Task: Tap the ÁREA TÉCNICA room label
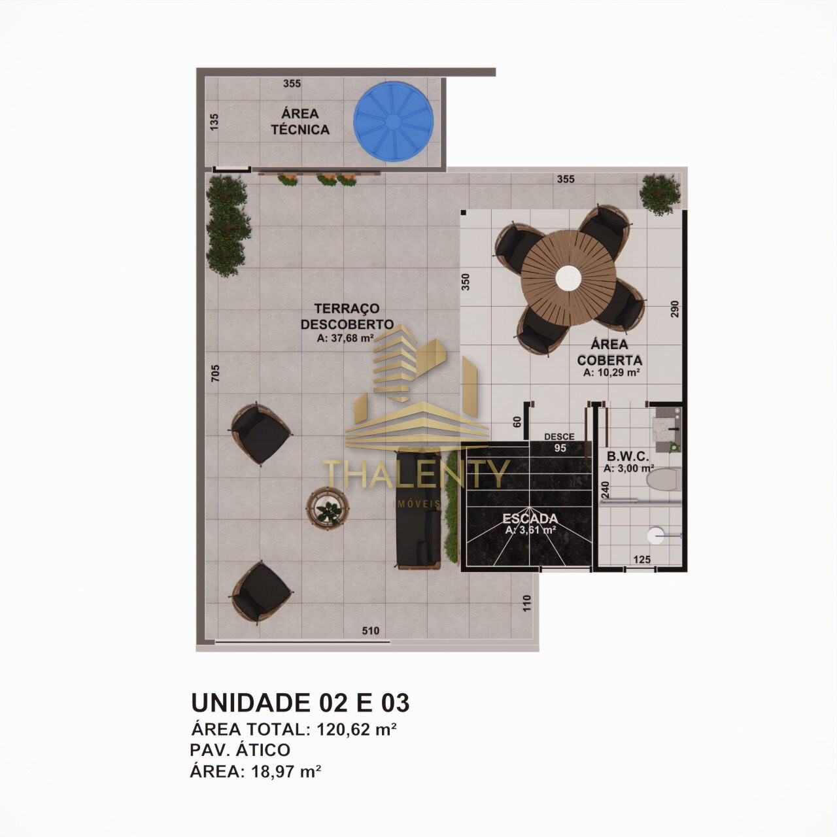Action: coord(300,122)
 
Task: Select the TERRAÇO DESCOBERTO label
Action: coord(347,316)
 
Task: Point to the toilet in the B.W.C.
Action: coord(662,479)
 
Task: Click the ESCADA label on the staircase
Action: coord(530,519)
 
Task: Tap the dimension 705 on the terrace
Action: coord(215,373)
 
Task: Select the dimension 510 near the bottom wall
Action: coord(371,630)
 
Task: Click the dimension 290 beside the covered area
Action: coord(674,309)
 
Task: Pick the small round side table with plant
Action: coord(328,508)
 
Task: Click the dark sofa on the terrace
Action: coord(418,509)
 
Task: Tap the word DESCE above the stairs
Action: coord(560,437)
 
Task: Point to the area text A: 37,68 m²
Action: coord(346,338)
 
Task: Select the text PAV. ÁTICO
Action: coord(240,749)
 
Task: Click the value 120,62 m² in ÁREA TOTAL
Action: coord(356,729)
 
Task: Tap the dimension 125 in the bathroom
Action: coord(641,560)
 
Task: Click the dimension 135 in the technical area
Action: coord(214,122)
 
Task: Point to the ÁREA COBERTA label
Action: coord(609,352)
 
